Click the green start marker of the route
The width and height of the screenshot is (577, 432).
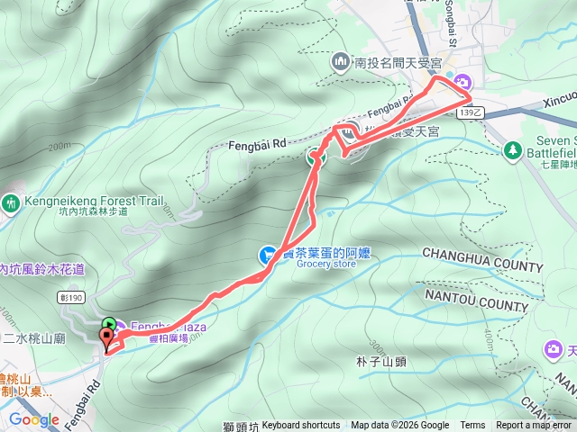[x=109, y=325]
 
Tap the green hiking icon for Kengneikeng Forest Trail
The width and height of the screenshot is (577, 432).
[x=11, y=203]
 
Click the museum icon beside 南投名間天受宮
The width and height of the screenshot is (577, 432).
[x=342, y=62]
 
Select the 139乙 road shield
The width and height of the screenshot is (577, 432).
[x=471, y=112]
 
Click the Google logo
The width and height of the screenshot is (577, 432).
[x=33, y=419]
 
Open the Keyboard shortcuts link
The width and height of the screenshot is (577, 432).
[x=301, y=426]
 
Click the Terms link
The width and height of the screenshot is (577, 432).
[x=472, y=426]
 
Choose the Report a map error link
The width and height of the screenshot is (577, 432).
[x=535, y=426]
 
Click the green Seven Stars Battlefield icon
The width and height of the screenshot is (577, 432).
[x=513, y=149]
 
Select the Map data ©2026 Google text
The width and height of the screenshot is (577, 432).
[x=400, y=426]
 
